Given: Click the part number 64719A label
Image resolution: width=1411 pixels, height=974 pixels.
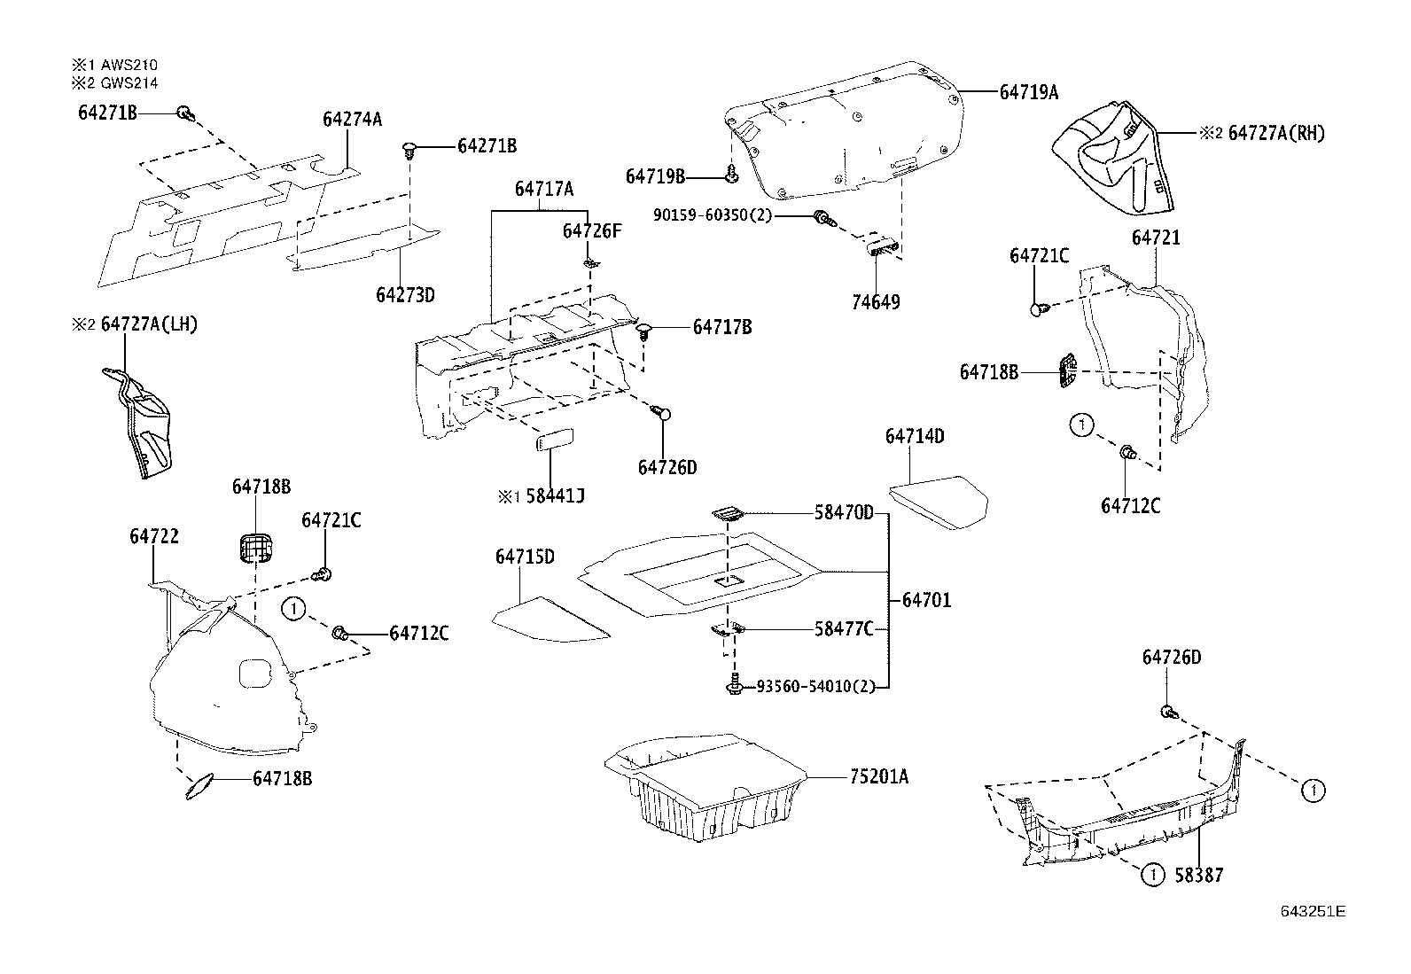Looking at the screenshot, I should tap(1028, 91).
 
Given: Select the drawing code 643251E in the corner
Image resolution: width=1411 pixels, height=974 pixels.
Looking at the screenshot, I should tap(1312, 911).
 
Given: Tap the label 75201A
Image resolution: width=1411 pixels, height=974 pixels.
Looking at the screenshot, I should tap(879, 777).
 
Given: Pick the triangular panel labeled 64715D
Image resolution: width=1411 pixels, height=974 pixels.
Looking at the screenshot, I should tap(550, 621).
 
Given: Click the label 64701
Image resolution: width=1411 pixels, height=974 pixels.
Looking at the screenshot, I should tap(926, 600).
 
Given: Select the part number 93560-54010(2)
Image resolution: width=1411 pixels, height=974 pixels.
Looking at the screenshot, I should tap(815, 686).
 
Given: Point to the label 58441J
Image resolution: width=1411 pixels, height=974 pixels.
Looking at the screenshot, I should tap(555, 496).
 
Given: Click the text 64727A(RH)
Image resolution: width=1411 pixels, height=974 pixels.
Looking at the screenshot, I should tap(1276, 133).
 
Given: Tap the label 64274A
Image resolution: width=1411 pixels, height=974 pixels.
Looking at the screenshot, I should tap(352, 118).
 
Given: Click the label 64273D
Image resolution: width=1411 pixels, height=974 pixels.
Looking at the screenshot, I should tap(405, 294).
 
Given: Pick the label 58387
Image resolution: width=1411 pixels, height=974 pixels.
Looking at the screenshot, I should tap(1198, 875).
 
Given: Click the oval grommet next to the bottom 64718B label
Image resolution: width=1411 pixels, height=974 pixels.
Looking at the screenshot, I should tap(201, 786).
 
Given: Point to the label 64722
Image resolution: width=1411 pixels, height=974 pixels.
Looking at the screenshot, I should tap(154, 536).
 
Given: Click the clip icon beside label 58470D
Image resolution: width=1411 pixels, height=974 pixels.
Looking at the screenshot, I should tap(726, 513).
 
